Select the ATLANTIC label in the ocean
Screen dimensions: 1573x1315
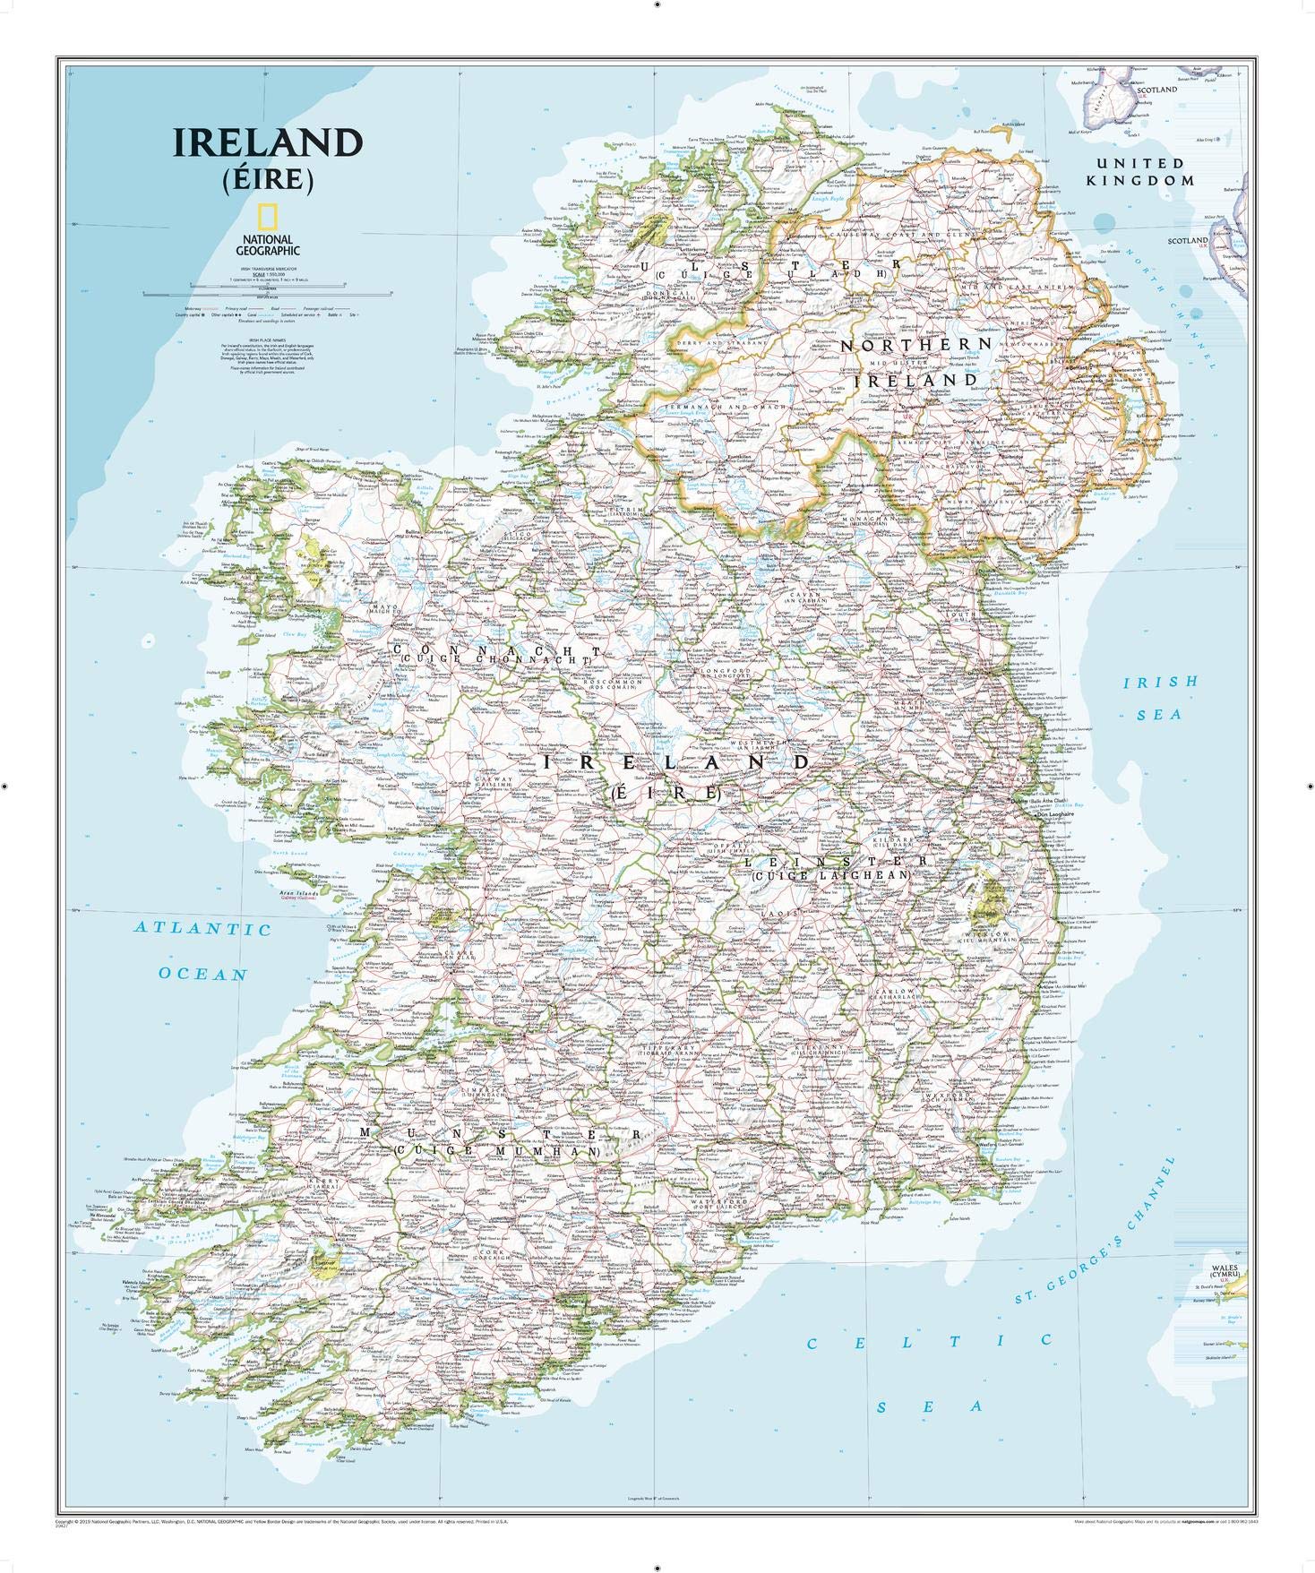[x=203, y=928]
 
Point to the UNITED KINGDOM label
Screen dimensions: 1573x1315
[x=1140, y=171]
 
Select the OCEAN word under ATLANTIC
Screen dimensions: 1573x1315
[x=203, y=974]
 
